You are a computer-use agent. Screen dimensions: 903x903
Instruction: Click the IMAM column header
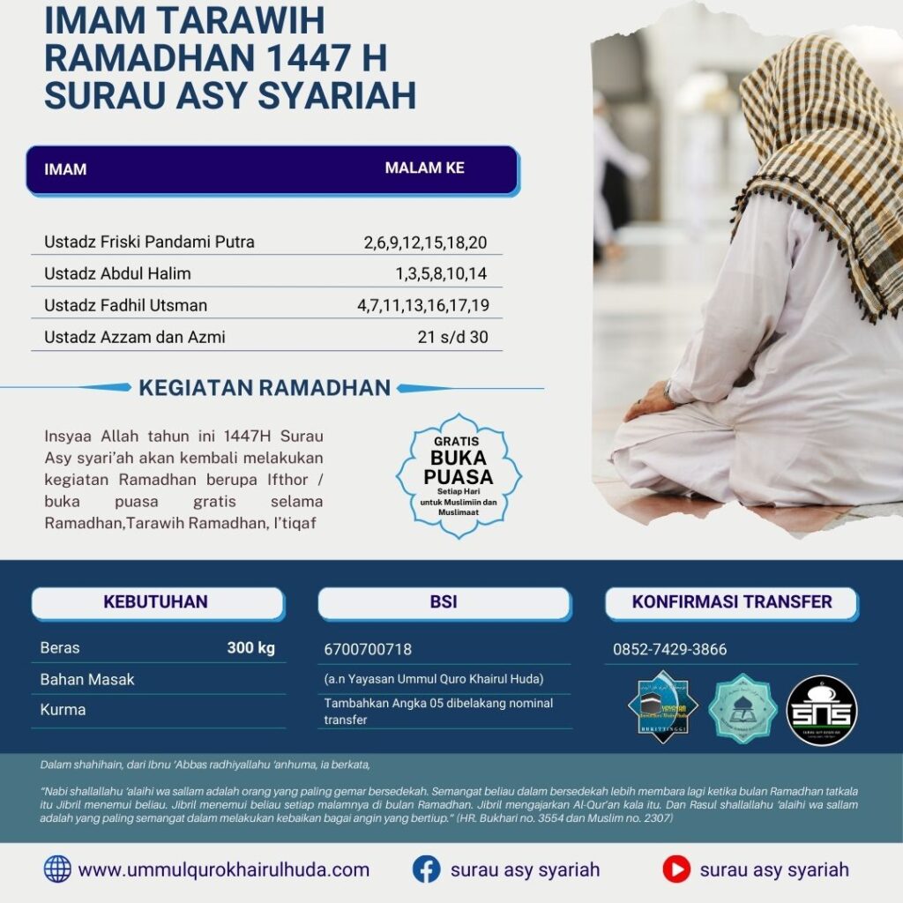65,169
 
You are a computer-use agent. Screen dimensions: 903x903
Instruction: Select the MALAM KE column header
424,168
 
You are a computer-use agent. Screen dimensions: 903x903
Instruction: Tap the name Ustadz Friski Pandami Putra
149,242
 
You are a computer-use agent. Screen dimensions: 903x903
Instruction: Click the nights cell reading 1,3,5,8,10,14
441,273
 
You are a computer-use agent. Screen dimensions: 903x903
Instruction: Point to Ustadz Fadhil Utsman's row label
125,305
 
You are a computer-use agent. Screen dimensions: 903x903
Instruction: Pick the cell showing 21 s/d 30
452,337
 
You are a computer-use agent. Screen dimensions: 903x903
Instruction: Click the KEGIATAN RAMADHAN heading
265,387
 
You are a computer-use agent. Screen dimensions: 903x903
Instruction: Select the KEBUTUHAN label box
156,603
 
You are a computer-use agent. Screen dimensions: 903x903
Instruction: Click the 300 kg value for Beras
251,648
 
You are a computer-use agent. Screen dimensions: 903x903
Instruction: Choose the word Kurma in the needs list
63,709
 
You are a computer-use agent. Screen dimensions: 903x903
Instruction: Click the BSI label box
444,603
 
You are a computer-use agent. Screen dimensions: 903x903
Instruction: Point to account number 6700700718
368,650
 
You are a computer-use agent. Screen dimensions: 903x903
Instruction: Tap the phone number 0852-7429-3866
670,650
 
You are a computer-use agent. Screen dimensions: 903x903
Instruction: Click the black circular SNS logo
821,710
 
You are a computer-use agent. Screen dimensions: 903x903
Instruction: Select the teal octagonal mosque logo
743,708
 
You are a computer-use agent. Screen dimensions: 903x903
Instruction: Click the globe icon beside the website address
57,869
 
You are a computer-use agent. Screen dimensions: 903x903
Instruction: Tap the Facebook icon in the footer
426,869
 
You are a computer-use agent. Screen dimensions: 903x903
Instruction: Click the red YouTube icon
676,869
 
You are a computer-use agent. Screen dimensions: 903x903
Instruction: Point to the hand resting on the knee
648,407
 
